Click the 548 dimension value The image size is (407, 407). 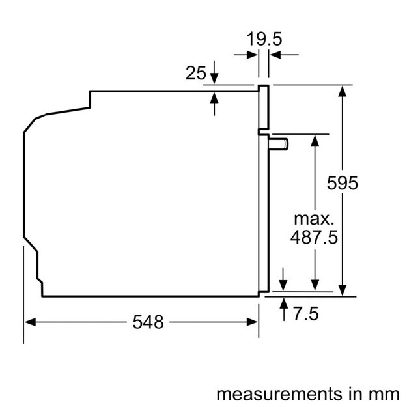point(148,321)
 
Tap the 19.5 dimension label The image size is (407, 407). point(263,39)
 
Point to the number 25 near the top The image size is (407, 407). point(196,74)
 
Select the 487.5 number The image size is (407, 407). point(315,237)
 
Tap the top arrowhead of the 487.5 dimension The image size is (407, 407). point(315,139)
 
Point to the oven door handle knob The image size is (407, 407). point(281,143)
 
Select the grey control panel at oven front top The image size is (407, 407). point(264,108)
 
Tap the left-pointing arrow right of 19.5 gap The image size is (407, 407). point(275,55)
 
